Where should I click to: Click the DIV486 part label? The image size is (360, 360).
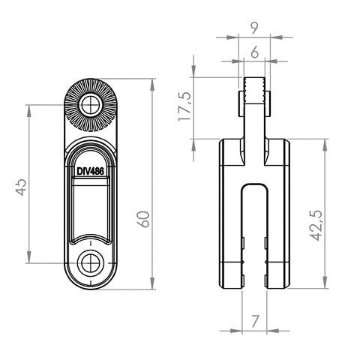point(90,171)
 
